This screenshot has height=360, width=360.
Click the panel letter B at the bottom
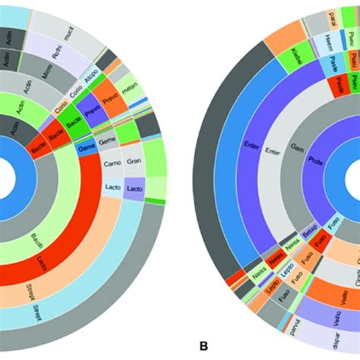[203, 346]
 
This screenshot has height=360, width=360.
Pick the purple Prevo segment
[92, 112]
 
